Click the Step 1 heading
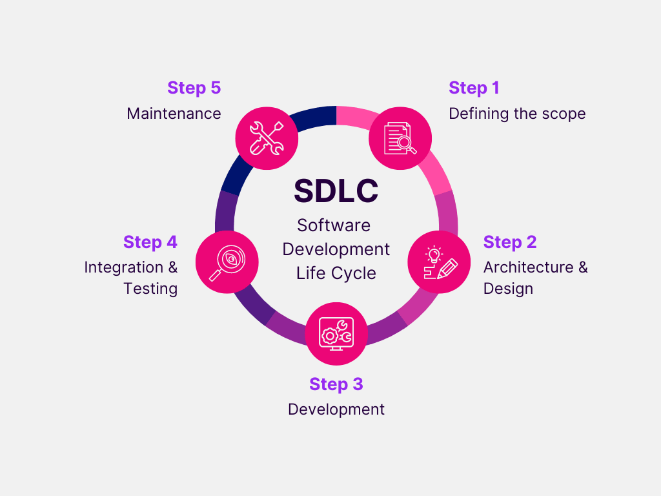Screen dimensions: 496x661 (x=474, y=88)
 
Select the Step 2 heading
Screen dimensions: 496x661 (x=509, y=242)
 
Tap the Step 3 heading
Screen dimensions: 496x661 (x=336, y=384)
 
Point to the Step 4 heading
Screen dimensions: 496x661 (x=150, y=242)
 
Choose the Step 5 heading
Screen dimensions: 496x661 (x=194, y=88)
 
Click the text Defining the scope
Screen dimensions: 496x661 (x=517, y=114)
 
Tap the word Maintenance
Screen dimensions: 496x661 (x=174, y=114)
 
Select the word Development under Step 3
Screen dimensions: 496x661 (x=336, y=409)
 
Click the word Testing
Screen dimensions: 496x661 (x=150, y=289)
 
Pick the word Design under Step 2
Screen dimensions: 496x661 (x=508, y=289)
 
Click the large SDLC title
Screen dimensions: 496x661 (x=336, y=191)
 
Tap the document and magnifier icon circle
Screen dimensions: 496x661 (x=400, y=138)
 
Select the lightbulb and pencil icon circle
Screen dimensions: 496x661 (x=439, y=262)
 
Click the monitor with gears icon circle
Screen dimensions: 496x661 (x=336, y=333)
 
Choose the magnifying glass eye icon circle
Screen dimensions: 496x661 (x=227, y=262)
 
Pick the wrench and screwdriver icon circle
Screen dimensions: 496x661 (x=267, y=138)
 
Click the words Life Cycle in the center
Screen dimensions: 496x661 (x=336, y=273)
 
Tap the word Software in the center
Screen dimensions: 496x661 (x=334, y=225)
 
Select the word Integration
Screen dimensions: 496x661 (x=123, y=267)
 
